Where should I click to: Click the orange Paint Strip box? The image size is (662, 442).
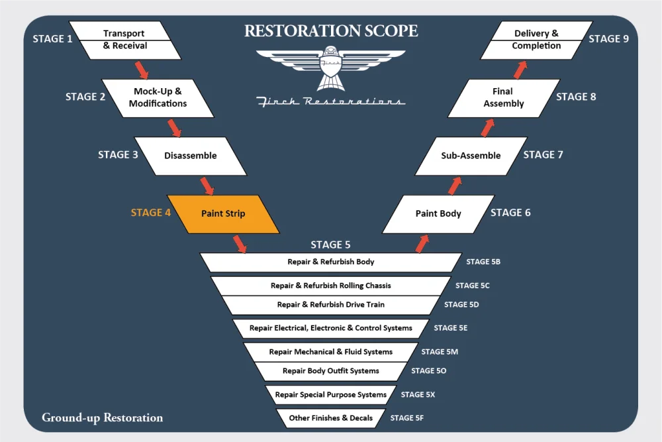point(223,214)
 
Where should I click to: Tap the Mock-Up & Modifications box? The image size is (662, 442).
point(158,97)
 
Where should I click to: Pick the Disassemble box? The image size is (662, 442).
point(190,156)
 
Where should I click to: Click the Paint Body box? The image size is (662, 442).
point(438,213)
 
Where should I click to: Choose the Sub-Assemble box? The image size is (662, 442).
point(471,156)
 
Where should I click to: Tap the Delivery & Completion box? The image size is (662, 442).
point(536,40)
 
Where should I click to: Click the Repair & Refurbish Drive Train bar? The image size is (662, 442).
point(331,305)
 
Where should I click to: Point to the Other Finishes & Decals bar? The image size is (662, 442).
point(331,418)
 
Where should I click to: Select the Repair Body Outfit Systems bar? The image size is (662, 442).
point(331,371)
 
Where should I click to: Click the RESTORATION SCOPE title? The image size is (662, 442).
point(331,31)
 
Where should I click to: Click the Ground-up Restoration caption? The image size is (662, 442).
point(102,417)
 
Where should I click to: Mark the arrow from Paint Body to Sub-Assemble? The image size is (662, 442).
point(454,185)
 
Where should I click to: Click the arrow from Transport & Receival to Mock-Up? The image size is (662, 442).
point(142,69)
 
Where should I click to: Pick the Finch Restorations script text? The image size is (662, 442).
point(331,101)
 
